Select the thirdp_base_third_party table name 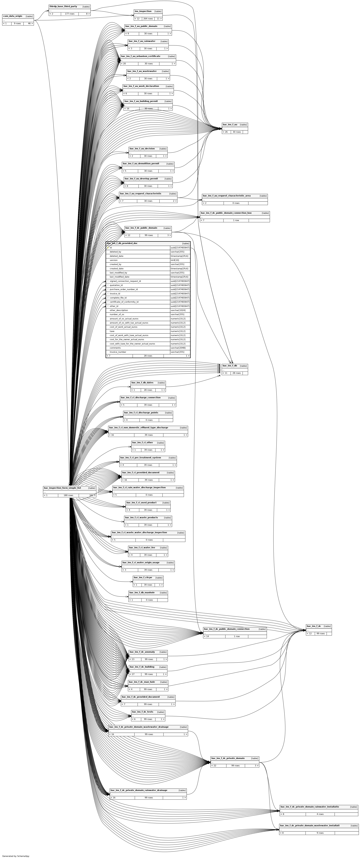pos(63,6)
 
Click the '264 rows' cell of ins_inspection pos(148,19)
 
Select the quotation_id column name pos(116,285)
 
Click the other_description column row pos(119,310)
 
